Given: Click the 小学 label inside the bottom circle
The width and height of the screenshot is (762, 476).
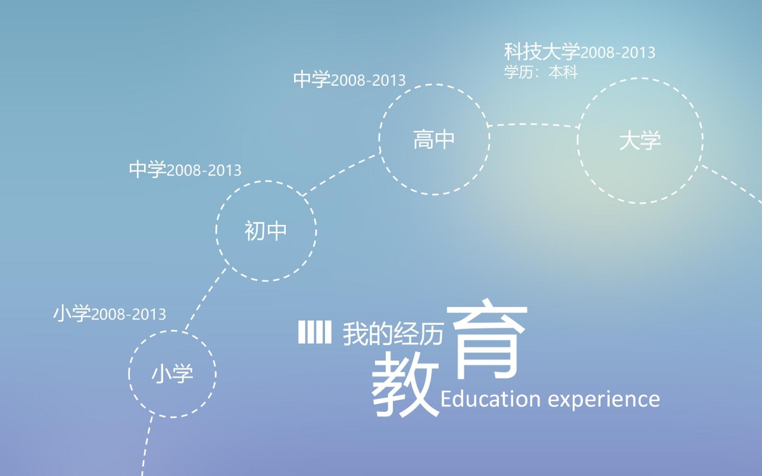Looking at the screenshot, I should pos(172,374).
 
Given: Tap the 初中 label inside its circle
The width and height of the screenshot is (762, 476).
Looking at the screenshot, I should pos(266,231).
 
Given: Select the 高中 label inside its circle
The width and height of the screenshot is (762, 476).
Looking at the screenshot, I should pos(434,140).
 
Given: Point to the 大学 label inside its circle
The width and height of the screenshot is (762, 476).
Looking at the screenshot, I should pos(640,142).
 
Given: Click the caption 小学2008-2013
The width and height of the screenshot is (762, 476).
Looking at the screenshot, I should pos(110,314).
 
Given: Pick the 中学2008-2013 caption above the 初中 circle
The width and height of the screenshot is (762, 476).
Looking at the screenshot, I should pos(185,170).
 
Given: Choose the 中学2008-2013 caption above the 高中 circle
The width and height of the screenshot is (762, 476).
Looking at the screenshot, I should pos(349,80).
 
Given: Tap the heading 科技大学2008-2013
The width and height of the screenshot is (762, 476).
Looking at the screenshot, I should pos(579,52).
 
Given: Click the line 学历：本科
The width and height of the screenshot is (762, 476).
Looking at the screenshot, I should pos(541,72).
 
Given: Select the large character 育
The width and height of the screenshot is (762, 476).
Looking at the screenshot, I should pos(490,341).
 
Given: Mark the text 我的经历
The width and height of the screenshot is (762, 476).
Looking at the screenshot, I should pos(393,336).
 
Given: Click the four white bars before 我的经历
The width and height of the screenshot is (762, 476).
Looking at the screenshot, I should pos(314,332).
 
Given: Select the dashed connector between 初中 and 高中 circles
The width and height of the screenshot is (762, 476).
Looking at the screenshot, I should pos(342,174).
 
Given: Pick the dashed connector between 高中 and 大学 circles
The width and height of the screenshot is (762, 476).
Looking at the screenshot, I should pos(533,124).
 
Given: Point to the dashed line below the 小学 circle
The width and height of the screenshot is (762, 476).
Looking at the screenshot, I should pos(146,446).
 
